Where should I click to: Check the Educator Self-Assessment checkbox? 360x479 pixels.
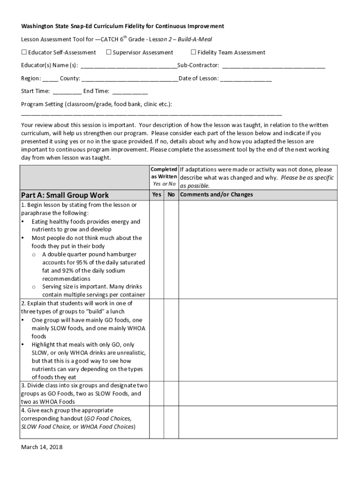[x=24, y=52]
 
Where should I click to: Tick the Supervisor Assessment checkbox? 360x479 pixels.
[x=108, y=52]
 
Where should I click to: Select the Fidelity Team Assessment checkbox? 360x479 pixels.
[x=194, y=52]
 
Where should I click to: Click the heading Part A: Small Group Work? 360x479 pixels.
[x=65, y=195]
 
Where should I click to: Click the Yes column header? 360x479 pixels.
[x=157, y=195]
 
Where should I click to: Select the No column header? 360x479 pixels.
[x=171, y=195]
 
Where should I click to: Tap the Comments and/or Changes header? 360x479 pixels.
[x=216, y=195]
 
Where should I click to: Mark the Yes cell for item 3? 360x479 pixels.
[x=157, y=393]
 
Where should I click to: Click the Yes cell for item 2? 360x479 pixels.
[x=157, y=340]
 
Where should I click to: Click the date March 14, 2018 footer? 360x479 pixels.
[x=42, y=447]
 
